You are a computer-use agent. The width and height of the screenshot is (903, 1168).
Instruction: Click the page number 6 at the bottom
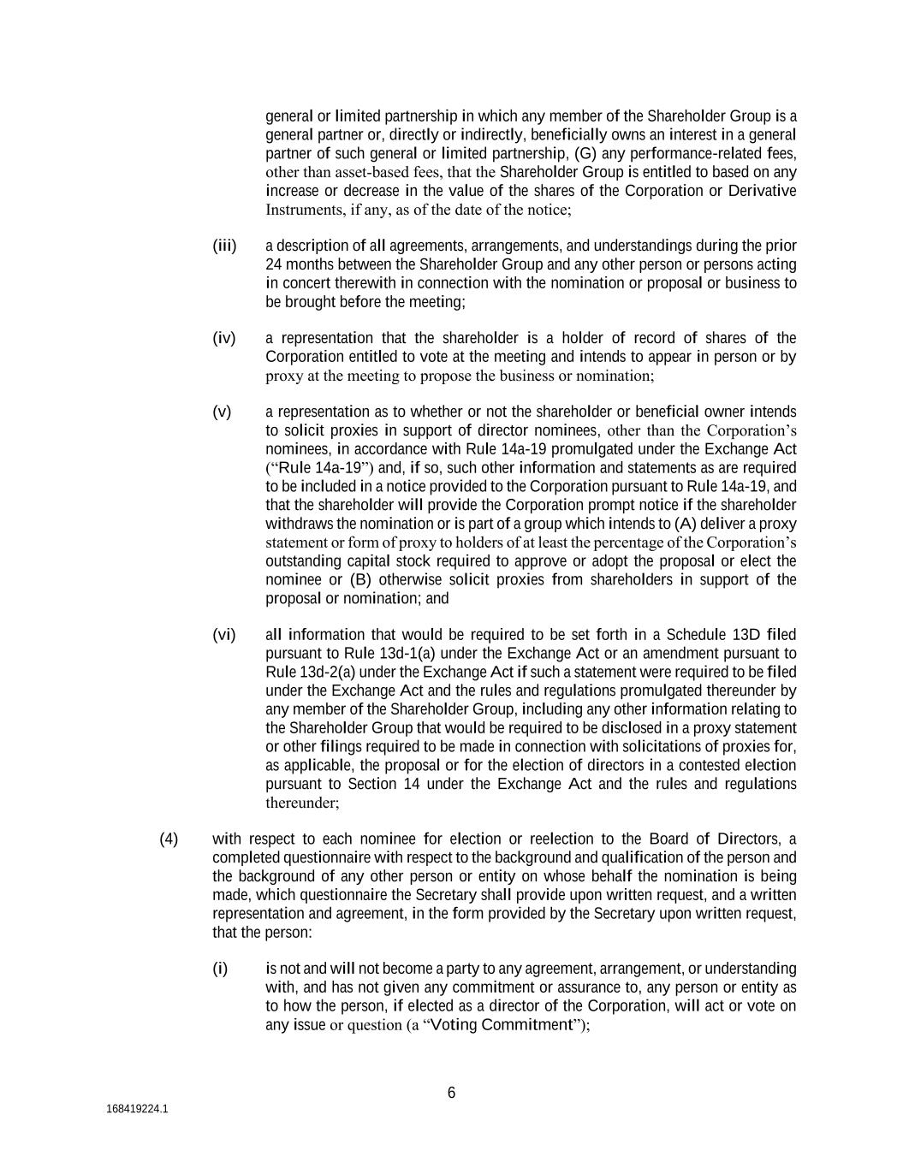tap(451, 1093)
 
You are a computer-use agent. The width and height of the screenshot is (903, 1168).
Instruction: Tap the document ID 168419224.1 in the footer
tap(137, 1109)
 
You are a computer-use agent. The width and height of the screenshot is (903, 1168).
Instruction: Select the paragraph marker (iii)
tap(224, 246)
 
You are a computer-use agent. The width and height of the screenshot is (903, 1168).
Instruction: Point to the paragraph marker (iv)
tap(223, 338)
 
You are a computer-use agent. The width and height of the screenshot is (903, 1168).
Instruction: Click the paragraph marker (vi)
tap(223, 634)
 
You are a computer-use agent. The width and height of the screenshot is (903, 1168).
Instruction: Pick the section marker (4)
tap(169, 839)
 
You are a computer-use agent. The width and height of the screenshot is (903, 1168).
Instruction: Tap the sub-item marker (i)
tap(220, 969)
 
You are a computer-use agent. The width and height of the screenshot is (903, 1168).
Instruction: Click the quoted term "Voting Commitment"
tap(501, 1025)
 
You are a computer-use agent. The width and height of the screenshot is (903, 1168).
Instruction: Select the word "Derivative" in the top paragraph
tap(762, 191)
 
